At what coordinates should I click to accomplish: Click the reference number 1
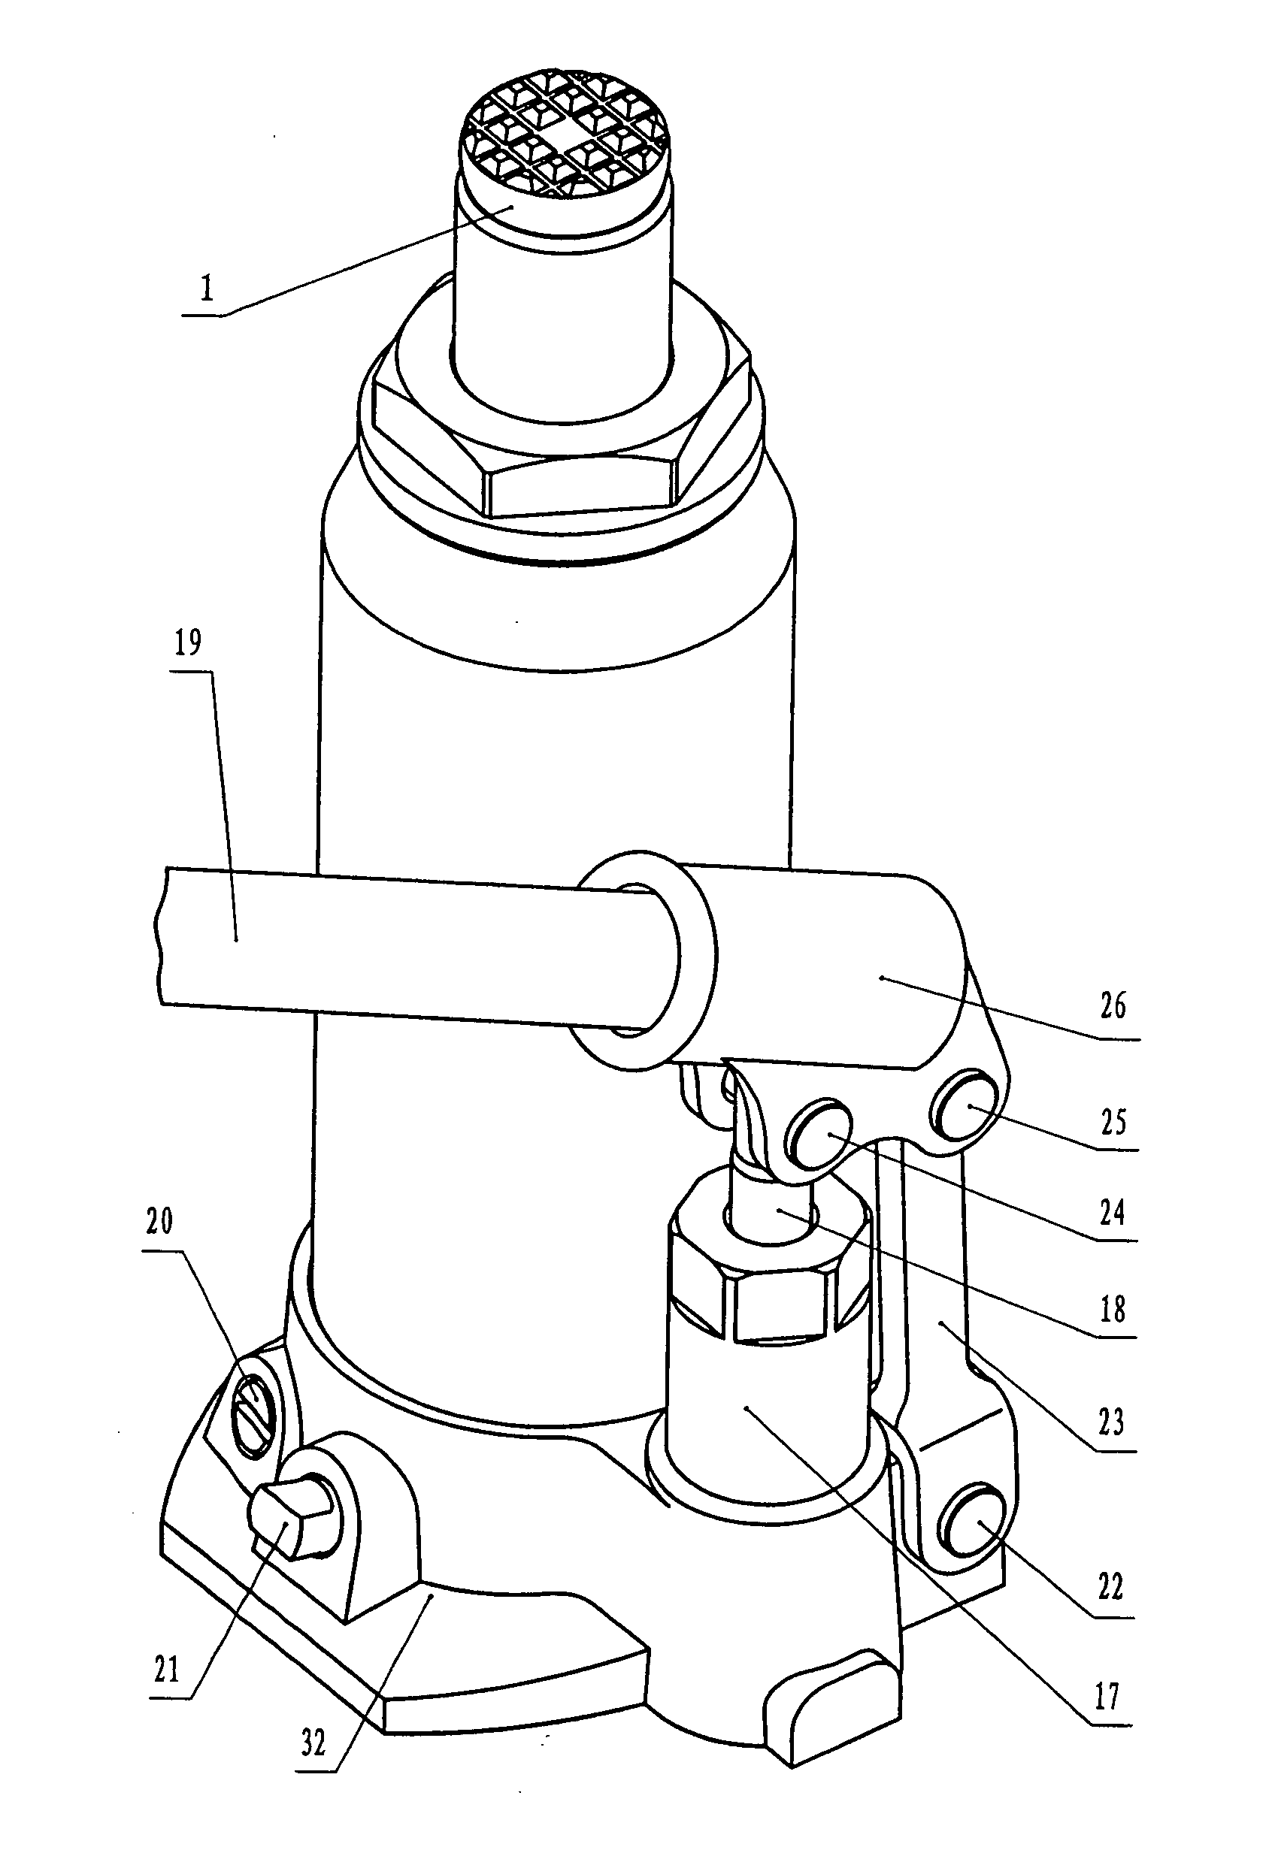207,289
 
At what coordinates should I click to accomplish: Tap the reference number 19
189,644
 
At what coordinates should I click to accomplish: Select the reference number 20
159,1222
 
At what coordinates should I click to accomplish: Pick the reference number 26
1113,1006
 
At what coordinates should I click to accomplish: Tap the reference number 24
1112,1213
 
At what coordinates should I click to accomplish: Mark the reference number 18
1112,1309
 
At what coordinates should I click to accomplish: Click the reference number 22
1110,1587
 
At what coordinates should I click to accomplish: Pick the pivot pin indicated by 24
819,1133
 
